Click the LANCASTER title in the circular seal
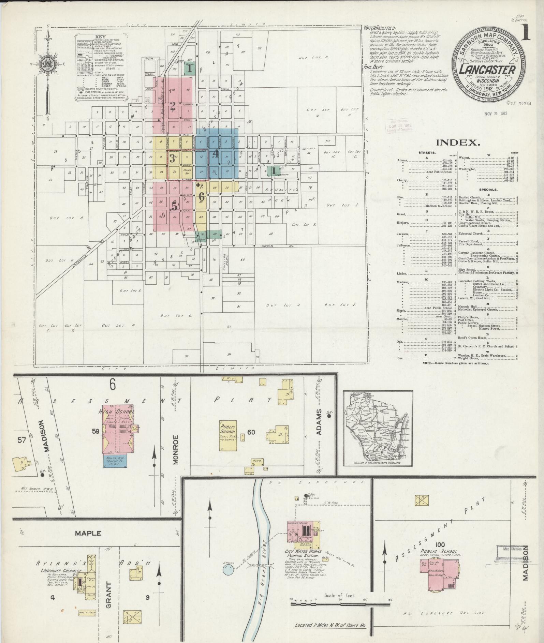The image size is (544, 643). tap(487, 70)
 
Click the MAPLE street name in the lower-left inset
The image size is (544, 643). tap(88, 533)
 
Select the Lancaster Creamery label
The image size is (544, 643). tap(61, 571)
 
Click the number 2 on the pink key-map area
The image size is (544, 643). tap(173, 105)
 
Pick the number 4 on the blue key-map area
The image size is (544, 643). tap(215, 154)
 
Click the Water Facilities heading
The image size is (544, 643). tap(379, 28)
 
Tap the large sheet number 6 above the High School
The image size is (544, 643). tap(113, 385)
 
